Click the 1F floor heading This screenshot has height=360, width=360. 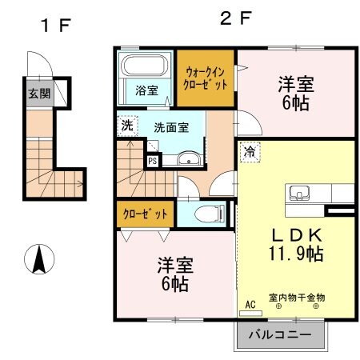(x=55, y=25)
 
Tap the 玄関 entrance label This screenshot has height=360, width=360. (x=39, y=94)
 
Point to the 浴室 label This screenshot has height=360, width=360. (x=146, y=90)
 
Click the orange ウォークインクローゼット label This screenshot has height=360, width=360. (x=206, y=78)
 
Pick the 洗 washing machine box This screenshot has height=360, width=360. (x=127, y=125)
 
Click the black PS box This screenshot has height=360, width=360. (x=152, y=160)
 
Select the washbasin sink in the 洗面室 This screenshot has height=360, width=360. (x=190, y=158)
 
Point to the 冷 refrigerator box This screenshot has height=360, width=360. (x=249, y=150)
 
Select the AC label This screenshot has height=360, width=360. (x=250, y=305)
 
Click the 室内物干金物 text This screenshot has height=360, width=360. (x=297, y=298)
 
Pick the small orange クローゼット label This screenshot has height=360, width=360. (x=146, y=214)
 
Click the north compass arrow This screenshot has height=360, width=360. (x=38, y=261)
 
